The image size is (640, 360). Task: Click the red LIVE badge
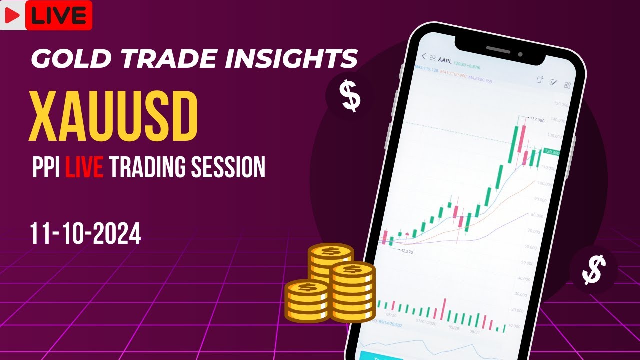click(x=58, y=15)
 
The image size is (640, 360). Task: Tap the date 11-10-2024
click(x=85, y=233)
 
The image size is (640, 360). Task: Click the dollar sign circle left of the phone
click(x=349, y=96)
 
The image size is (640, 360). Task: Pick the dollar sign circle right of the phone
click(x=594, y=270)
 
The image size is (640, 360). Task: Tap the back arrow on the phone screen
click(x=424, y=56)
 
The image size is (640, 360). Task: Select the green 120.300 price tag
click(x=551, y=152)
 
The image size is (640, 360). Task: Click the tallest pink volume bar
click(x=442, y=309)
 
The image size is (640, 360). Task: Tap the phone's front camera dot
click(x=520, y=54)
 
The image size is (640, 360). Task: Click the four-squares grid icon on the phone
click(x=567, y=85)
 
